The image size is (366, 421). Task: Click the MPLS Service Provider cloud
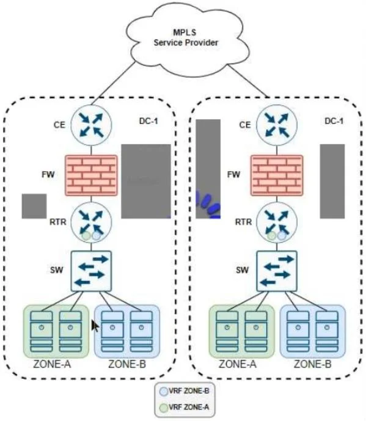tap(187, 38)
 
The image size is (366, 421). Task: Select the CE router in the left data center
tap(91, 125)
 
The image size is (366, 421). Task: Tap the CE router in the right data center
tap(277, 125)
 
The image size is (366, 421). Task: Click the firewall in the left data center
tap(91, 175)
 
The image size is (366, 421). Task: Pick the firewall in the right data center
tap(277, 175)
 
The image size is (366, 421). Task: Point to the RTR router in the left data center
tap(91, 222)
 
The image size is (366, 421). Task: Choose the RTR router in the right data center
tap(277, 222)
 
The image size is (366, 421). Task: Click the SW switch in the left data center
tap(91, 271)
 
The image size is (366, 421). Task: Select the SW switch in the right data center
tap(277, 271)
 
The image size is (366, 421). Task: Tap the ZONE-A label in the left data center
tap(52, 364)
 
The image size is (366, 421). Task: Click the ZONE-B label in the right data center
tap(313, 364)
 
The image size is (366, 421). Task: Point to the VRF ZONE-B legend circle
tap(163, 392)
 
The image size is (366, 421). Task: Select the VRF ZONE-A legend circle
tap(163, 408)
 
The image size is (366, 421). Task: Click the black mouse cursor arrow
tap(95, 326)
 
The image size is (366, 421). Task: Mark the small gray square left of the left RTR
tap(34, 206)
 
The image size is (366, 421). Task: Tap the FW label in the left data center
tap(48, 175)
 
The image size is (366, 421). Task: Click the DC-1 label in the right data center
tap(334, 121)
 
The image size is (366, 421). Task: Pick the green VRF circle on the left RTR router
tap(86, 236)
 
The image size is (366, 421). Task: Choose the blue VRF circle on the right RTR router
tap(282, 236)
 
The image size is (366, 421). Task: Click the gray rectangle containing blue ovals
tap(208, 169)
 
